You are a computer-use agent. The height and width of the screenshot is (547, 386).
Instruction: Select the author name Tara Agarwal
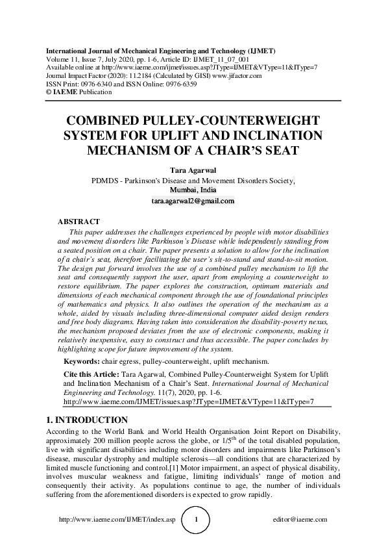coord(193,170)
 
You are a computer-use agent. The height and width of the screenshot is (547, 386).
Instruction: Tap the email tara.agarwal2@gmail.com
coord(193,201)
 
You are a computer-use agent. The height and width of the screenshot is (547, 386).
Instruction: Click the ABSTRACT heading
coord(78,222)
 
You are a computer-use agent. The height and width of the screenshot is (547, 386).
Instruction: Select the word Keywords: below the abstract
coord(82,361)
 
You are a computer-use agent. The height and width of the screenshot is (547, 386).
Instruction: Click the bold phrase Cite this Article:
coord(92,375)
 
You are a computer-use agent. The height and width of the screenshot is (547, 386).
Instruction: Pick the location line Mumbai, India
coord(193,190)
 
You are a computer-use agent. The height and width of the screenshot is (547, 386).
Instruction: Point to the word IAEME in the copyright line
coord(64,92)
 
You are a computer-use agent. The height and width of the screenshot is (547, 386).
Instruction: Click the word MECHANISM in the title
coord(126,151)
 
